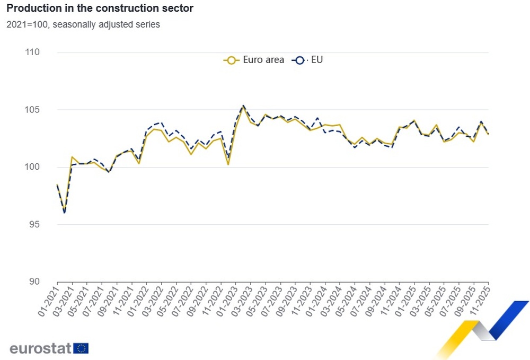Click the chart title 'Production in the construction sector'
click(100, 8)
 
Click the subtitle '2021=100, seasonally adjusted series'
click(83, 24)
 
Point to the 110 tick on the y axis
click(33, 52)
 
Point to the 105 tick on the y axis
click(33, 110)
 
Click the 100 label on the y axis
click(33, 167)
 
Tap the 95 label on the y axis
click(34, 224)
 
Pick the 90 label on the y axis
click(34, 282)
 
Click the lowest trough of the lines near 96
click(65, 212)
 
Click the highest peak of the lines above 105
click(243, 106)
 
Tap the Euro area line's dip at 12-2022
click(228, 164)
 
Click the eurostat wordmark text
click(40, 348)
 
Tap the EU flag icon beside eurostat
click(81, 348)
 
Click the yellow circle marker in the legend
click(231, 60)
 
